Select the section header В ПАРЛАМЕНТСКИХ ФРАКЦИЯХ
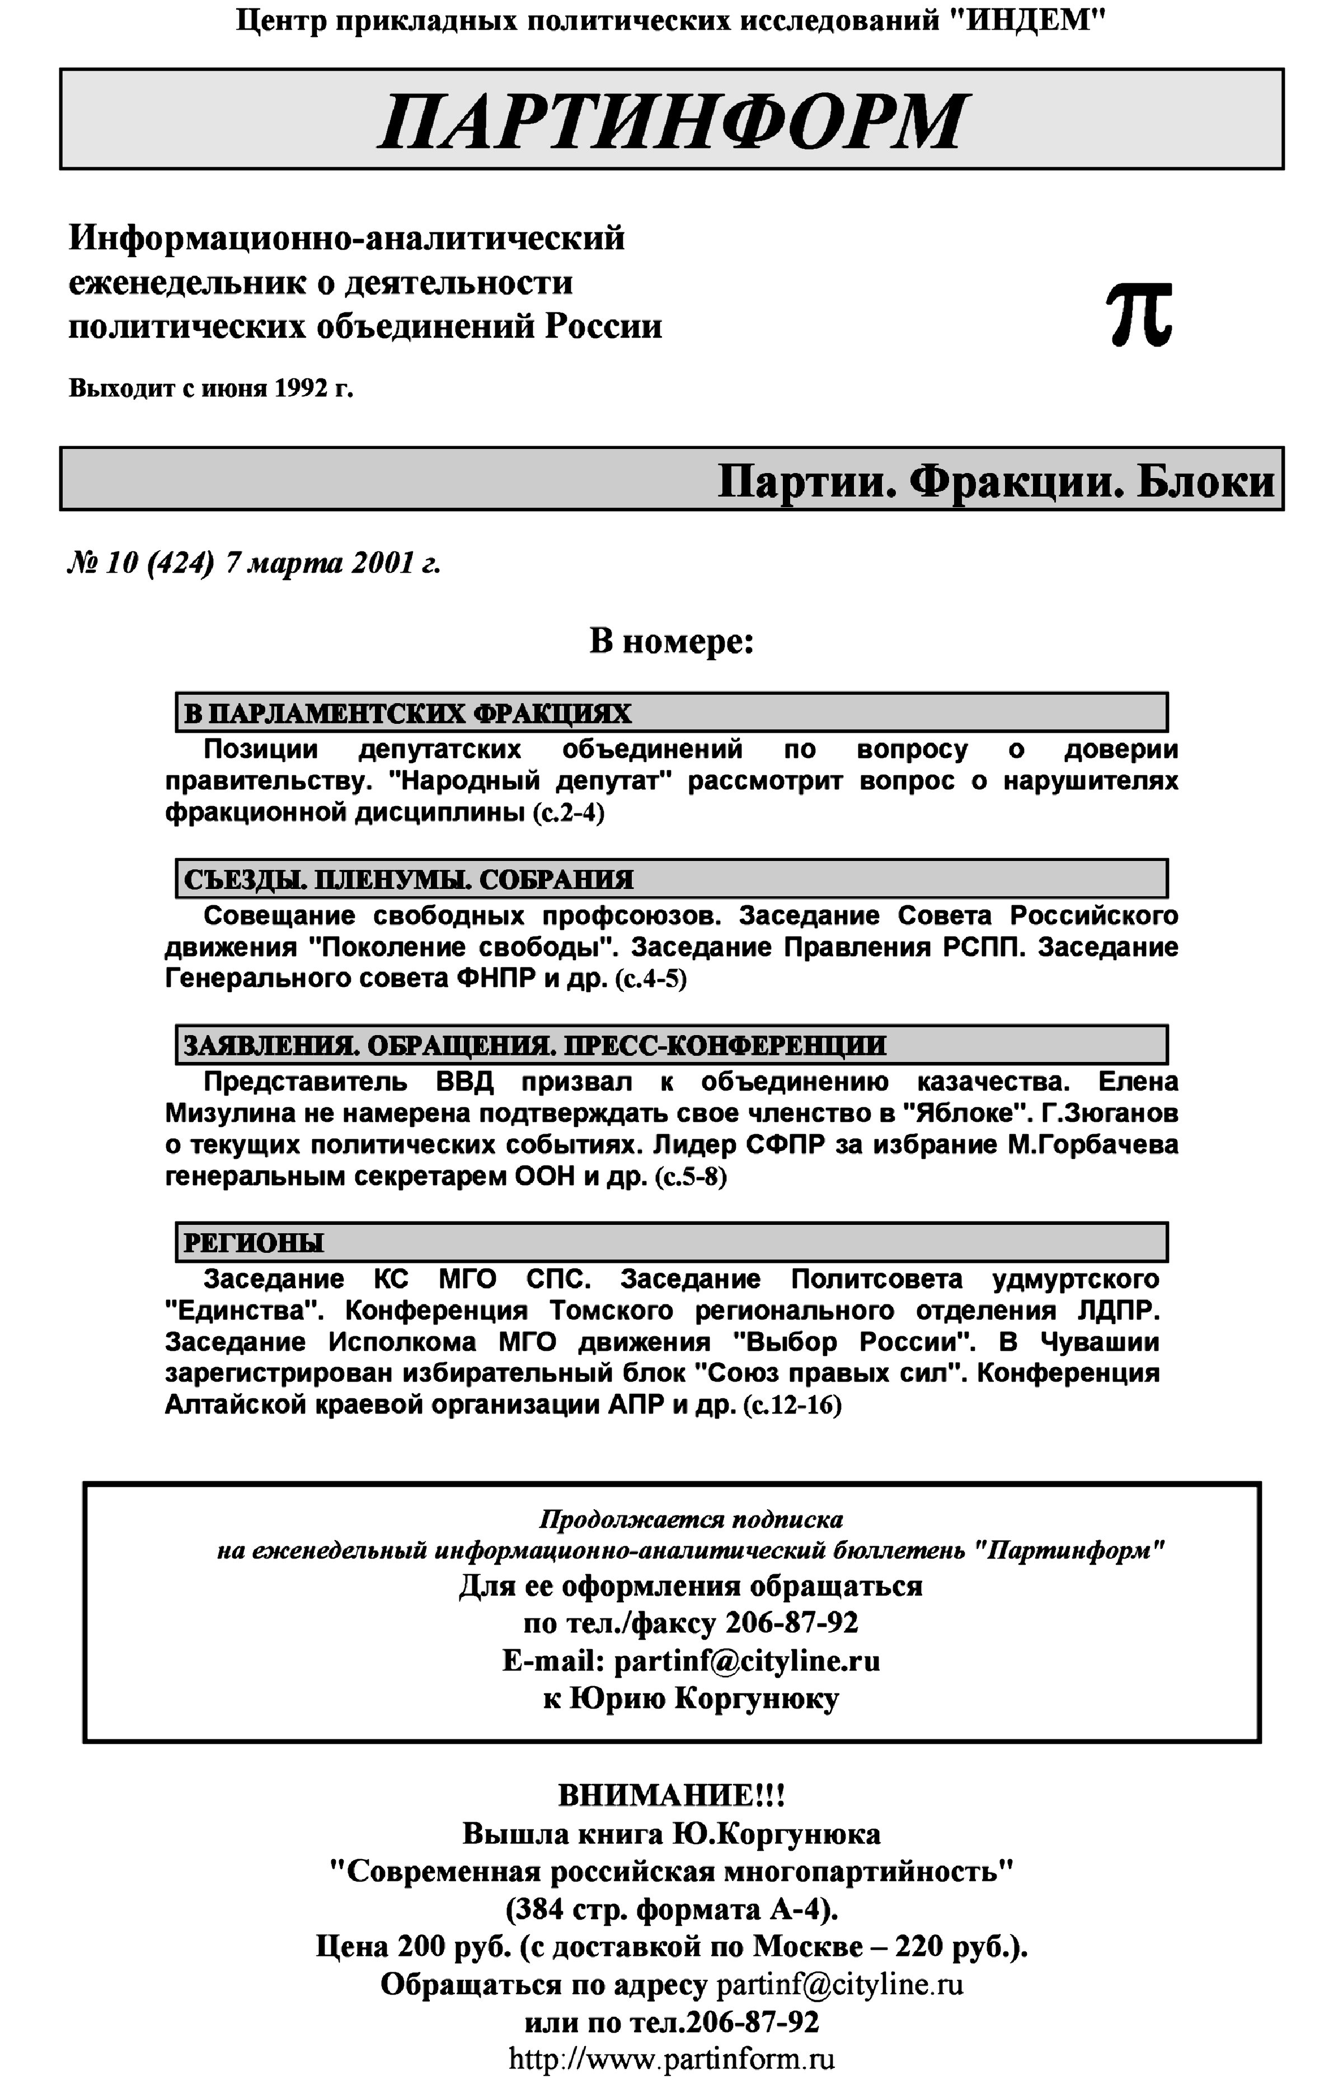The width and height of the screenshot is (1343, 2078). pyautogui.click(x=407, y=714)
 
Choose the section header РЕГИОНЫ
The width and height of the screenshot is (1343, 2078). pyautogui.click(x=253, y=1242)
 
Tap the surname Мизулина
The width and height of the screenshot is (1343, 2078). pyautogui.click(x=228, y=1113)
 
